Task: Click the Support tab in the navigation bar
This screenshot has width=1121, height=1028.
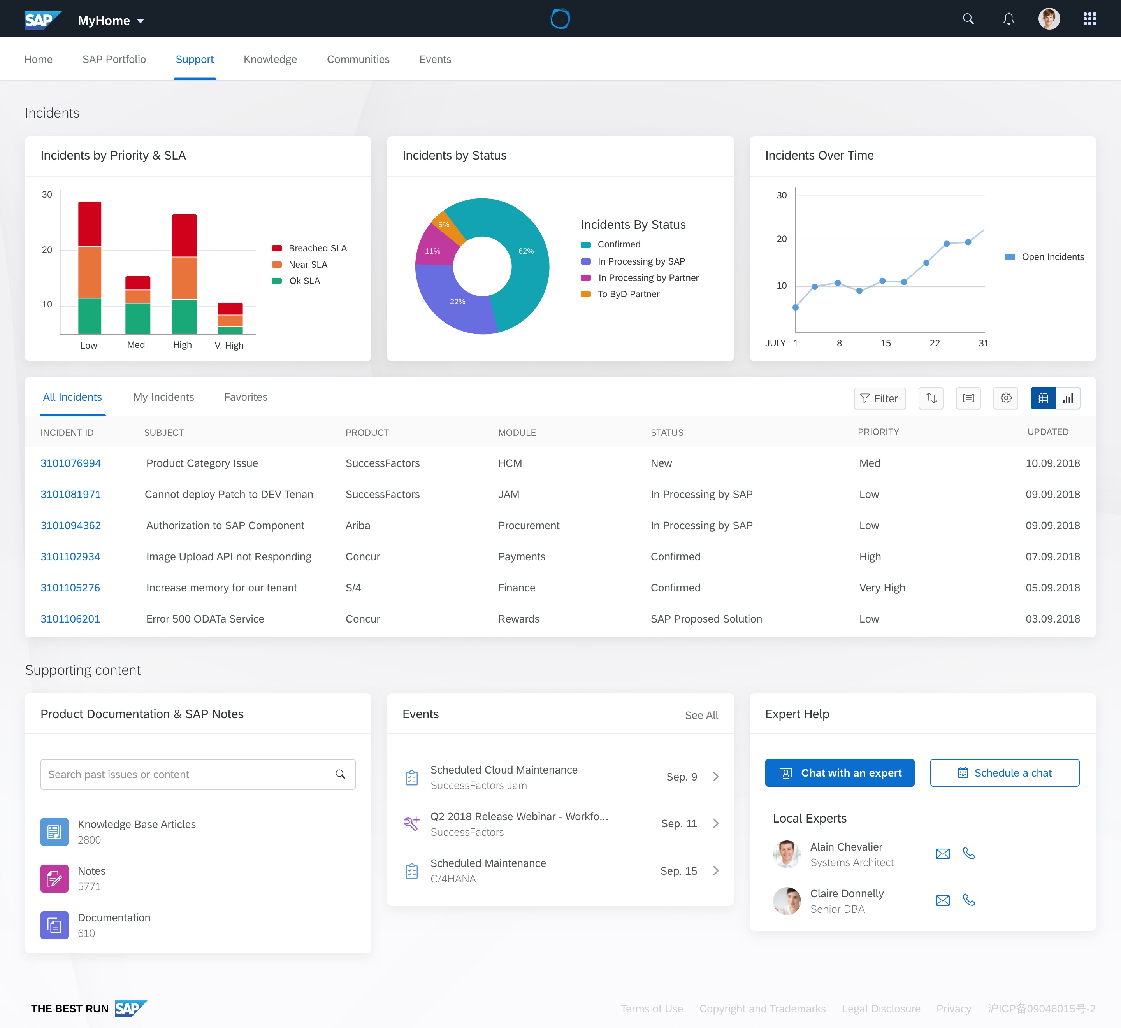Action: coord(194,60)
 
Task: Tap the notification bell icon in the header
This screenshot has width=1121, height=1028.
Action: coord(1008,19)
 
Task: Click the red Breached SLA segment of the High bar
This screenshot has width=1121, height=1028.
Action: coord(184,235)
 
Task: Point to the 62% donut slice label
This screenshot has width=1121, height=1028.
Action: coord(526,251)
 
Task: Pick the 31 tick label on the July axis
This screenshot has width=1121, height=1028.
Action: coord(984,343)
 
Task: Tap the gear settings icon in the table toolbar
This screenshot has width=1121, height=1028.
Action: coord(1005,398)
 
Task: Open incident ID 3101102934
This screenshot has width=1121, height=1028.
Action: coord(70,557)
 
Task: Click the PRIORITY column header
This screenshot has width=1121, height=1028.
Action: coord(878,432)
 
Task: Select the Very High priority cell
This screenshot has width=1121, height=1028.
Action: coord(882,588)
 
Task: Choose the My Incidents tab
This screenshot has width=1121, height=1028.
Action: coord(163,397)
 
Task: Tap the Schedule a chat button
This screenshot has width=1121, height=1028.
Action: coord(1004,773)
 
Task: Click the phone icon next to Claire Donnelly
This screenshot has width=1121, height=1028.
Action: coord(968,900)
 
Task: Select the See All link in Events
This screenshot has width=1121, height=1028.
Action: coord(701,716)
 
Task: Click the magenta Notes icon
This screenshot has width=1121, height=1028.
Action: coord(54,878)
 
